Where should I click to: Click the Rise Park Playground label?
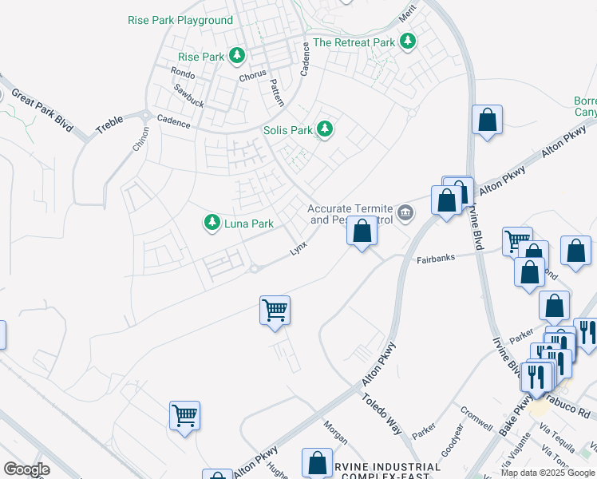180,20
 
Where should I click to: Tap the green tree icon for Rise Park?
236,56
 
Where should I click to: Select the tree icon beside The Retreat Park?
408,41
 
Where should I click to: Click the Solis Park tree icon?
324,129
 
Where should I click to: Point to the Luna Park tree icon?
212,223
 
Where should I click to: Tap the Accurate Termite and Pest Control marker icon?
405,212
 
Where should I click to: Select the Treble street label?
109,125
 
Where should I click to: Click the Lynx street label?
298,249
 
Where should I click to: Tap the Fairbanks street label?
436,259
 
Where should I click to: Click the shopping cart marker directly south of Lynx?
275,310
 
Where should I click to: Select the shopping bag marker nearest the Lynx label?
362,232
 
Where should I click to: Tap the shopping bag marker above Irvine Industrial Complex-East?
317,463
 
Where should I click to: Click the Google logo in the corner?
26,469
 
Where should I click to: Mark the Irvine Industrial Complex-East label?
390,471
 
